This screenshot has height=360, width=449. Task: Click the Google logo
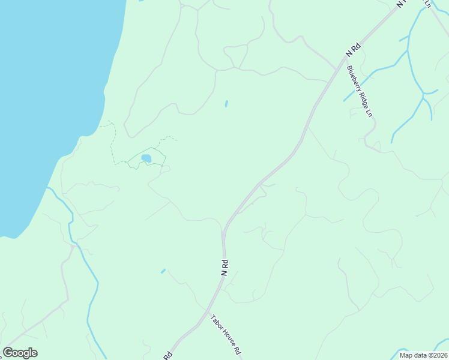pyautogui.click(x=20, y=353)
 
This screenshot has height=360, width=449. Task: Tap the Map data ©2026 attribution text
pyautogui.click(x=423, y=355)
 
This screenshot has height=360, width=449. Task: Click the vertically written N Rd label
pyautogui.click(x=224, y=268)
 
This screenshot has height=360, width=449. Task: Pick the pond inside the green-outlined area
pyautogui.click(x=146, y=158)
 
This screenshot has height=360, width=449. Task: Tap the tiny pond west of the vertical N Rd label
pyautogui.click(x=163, y=271)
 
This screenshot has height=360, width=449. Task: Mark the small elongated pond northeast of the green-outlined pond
pyautogui.click(x=226, y=104)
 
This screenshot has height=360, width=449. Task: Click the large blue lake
pyautogui.click(x=42, y=90)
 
